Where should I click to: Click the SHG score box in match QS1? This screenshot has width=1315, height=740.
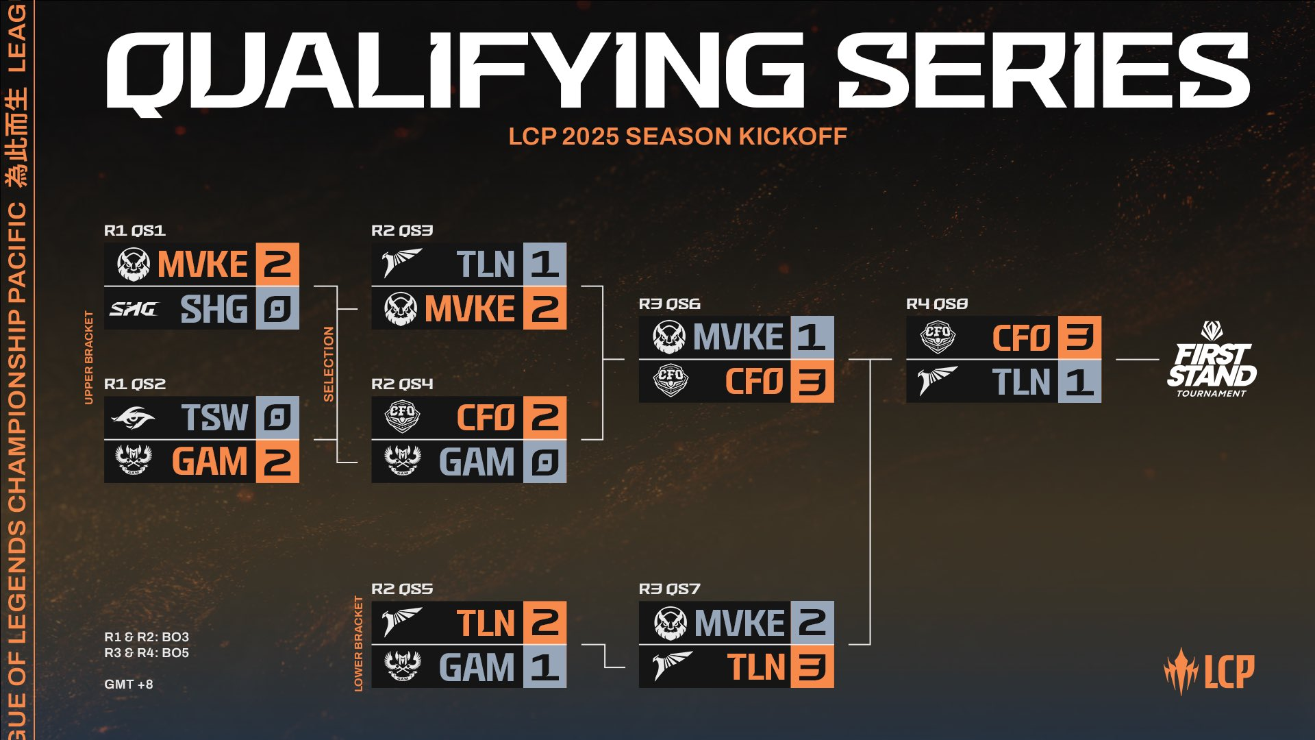pyautogui.click(x=277, y=308)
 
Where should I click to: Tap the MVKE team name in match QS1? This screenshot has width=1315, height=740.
pyautogui.click(x=203, y=264)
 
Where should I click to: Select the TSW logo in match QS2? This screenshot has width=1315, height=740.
pyautogui.click(x=133, y=417)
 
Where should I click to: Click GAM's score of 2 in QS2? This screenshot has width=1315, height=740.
pyautogui.click(x=277, y=461)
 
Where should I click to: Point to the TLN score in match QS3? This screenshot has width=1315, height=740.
pyautogui.click(x=544, y=264)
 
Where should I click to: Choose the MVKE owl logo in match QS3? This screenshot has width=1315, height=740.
pyautogui.click(x=401, y=308)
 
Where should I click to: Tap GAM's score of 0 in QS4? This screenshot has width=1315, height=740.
pyautogui.click(x=544, y=461)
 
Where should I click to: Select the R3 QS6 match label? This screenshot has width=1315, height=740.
pyautogui.click(x=669, y=304)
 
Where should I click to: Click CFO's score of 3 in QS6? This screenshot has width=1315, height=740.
pyautogui.click(x=812, y=382)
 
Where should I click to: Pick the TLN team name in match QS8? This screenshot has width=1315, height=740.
pyautogui.click(x=1020, y=382)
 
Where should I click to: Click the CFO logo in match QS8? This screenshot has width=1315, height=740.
pyautogui.click(x=937, y=337)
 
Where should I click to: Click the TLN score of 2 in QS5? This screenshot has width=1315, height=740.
pyautogui.click(x=544, y=623)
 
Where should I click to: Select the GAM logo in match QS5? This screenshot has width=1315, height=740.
pyautogui.click(x=402, y=666)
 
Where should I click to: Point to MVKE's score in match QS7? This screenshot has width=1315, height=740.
pyautogui.click(x=812, y=623)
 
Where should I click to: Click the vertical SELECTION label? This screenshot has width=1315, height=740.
pyautogui.click(x=329, y=364)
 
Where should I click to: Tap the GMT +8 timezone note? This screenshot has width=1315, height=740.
pyautogui.click(x=129, y=684)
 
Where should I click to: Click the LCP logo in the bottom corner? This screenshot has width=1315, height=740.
pyautogui.click(x=1209, y=671)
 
